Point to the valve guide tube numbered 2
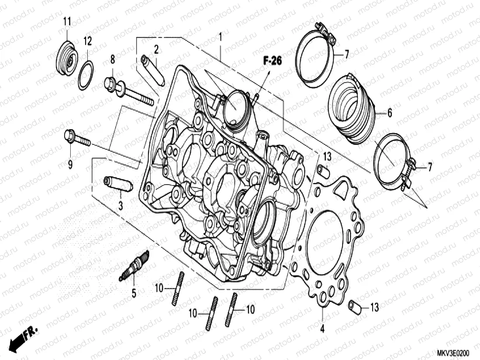(153, 69)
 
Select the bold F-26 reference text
(272, 61)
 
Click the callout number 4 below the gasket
(322, 329)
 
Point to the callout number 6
(389, 113)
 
